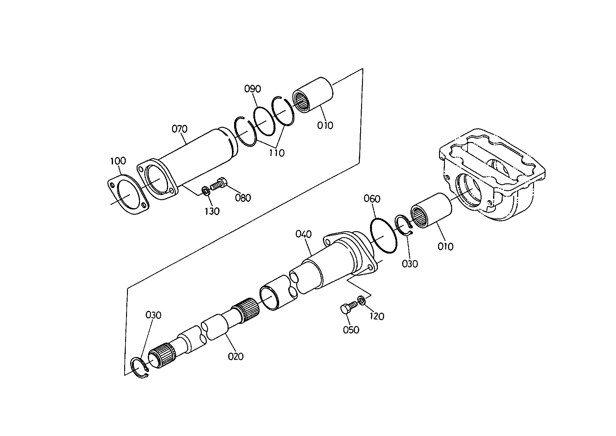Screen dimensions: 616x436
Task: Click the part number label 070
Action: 180,129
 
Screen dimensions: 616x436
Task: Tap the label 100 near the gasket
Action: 118,161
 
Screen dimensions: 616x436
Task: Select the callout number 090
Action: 252,89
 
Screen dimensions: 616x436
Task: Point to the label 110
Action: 277,153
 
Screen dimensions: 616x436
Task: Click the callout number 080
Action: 243,198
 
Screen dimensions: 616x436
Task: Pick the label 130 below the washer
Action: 212,211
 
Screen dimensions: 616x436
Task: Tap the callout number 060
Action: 372,199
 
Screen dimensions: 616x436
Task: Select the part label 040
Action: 303,234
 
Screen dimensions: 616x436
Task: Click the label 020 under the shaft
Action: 236,356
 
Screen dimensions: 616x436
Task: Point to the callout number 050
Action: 351,330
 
